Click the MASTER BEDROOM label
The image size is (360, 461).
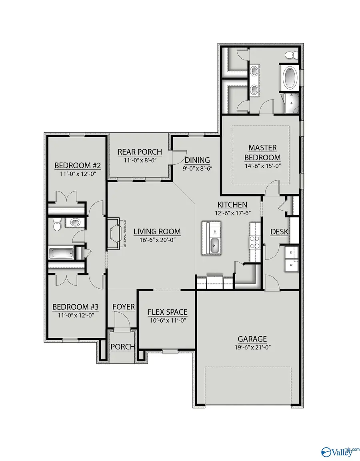(262, 152)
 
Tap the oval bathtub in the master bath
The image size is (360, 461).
(291, 78)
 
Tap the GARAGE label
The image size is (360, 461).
(252, 339)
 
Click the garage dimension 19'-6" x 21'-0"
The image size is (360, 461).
(252, 348)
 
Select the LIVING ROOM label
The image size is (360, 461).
(157, 231)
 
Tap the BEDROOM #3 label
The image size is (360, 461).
(76, 307)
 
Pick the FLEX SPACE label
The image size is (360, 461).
(167, 312)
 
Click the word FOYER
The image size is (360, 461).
(123, 307)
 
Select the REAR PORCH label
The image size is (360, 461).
(140, 152)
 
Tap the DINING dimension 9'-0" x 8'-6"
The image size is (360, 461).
(197, 168)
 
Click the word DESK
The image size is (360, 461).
(280, 231)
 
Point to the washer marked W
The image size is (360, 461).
(290, 265)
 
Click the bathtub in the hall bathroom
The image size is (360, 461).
(61, 253)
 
